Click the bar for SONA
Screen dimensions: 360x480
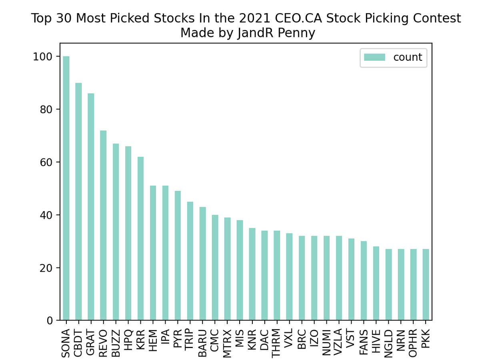(66, 188)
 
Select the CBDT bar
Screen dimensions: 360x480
(78, 202)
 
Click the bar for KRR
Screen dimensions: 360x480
(140, 238)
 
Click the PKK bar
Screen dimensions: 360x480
(426, 284)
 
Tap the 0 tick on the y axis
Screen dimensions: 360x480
(50, 320)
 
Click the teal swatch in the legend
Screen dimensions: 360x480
(374, 57)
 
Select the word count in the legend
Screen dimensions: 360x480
(408, 57)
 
